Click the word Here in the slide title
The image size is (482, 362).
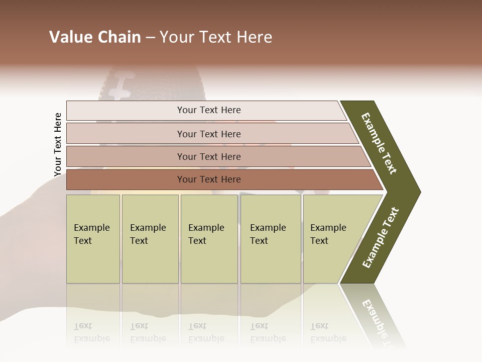tap(254, 37)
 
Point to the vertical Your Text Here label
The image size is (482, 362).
tap(58, 145)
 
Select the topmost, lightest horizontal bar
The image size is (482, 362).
tap(208, 110)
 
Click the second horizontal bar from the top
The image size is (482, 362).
tap(208, 134)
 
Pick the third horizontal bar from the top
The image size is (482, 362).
tap(208, 156)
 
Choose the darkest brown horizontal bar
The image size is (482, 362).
tap(208, 179)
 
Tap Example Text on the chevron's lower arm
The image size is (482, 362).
tap(381, 238)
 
